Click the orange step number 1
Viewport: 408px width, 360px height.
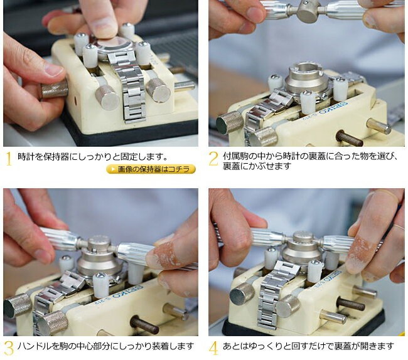tap(9, 158)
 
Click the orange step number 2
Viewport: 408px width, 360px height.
tap(213, 158)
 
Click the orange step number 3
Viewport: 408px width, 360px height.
tap(8, 347)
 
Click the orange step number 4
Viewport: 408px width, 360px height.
tap(213, 347)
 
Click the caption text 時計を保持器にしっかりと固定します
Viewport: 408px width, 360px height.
tap(93, 157)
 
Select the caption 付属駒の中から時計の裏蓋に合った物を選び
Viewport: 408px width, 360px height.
tap(310, 156)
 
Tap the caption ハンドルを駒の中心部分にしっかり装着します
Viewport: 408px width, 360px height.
tap(105, 346)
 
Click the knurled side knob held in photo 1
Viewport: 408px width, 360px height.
tap(55, 88)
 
